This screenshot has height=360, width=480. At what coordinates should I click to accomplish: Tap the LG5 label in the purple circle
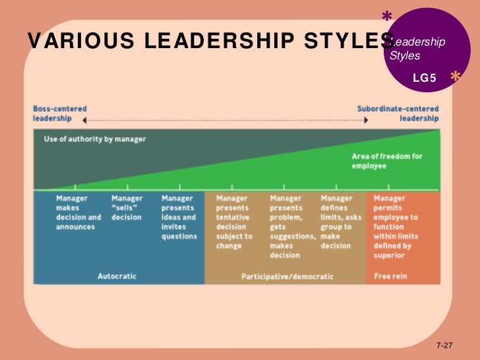click(425, 78)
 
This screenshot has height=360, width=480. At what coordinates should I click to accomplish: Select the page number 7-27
click(446, 345)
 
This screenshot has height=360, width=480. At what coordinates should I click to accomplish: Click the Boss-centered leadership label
click(59, 113)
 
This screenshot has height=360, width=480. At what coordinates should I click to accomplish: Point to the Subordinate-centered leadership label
click(398, 113)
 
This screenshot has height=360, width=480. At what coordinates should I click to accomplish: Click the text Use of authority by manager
click(95, 139)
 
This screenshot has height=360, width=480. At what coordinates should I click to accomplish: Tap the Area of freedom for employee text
click(386, 161)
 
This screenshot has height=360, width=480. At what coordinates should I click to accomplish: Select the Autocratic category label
click(117, 276)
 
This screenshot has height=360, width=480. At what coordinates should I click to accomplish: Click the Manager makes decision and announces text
click(78, 212)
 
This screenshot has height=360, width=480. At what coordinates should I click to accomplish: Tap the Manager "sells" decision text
click(127, 208)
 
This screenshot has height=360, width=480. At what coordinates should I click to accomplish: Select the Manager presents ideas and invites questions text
click(179, 217)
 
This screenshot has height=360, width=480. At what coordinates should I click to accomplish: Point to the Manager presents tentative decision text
click(234, 222)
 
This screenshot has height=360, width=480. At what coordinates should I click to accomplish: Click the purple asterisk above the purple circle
click(386, 16)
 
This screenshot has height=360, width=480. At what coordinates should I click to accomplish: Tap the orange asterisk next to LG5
click(455, 77)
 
